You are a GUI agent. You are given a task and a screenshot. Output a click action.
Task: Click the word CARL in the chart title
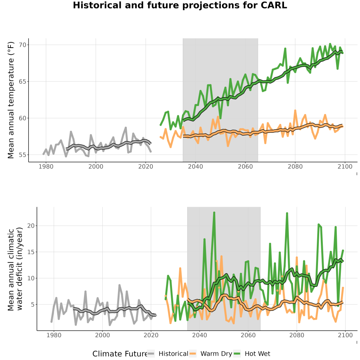(x=274, y=5)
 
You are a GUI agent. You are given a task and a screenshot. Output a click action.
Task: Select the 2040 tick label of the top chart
(x=195, y=166)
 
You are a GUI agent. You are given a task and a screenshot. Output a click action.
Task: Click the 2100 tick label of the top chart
(x=345, y=166)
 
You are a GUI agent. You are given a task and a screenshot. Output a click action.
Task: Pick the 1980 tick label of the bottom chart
(x=54, y=335)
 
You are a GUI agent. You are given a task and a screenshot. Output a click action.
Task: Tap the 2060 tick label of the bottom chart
(x=248, y=335)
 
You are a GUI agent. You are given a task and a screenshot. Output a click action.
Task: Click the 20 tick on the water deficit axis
(x=31, y=226)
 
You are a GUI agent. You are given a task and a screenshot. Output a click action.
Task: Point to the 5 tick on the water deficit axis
(x=32, y=304)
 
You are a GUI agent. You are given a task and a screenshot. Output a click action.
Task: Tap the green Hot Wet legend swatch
(x=237, y=354)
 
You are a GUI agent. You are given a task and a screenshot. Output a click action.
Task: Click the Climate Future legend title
(x=120, y=354)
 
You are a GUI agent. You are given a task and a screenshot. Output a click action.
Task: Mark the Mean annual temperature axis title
(x=11, y=100)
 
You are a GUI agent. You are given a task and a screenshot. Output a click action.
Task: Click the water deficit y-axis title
(x=15, y=269)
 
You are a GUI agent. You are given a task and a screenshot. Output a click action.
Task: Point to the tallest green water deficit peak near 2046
(x=214, y=213)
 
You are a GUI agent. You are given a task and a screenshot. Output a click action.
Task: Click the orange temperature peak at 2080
(x=295, y=111)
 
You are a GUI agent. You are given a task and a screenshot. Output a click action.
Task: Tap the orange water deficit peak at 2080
(x=297, y=257)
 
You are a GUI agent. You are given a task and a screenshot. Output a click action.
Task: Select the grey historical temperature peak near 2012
(x=126, y=128)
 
